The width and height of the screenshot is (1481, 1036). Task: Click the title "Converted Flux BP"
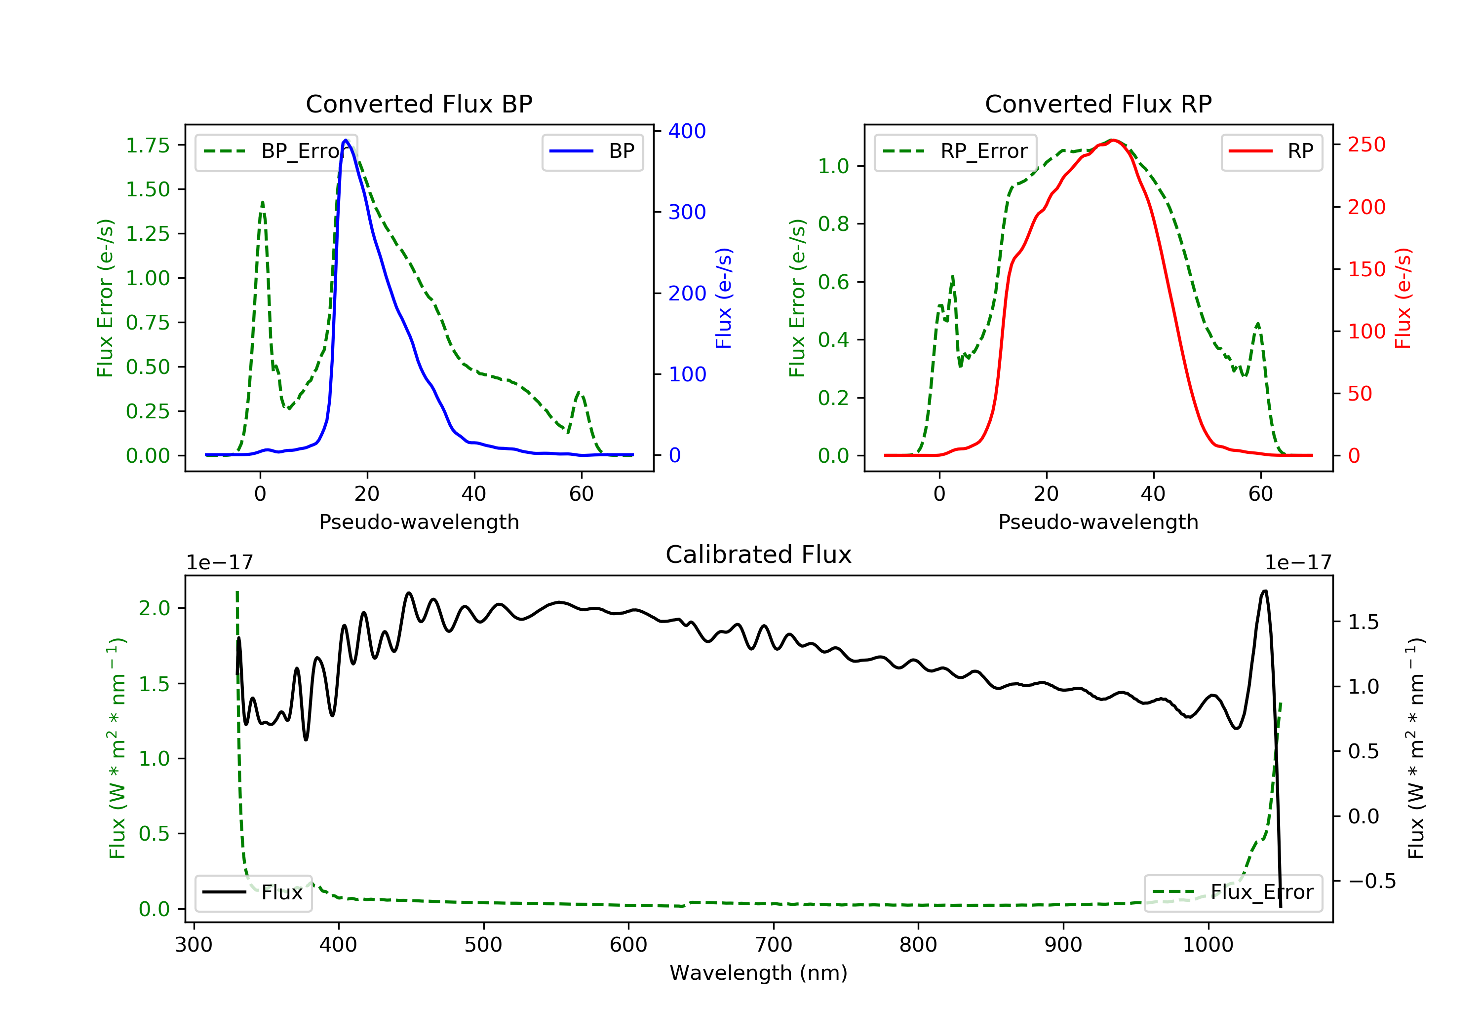pyautogui.click(x=419, y=104)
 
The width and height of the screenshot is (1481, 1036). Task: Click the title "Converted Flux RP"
pyautogui.click(x=1098, y=104)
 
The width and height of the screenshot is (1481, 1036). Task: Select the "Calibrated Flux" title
pyautogui.click(x=759, y=555)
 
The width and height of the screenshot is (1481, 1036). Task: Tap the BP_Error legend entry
pyautogui.click(x=276, y=151)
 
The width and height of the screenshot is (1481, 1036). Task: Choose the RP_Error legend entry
pyautogui.click(x=955, y=151)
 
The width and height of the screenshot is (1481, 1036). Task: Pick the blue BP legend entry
pyautogui.click(x=592, y=151)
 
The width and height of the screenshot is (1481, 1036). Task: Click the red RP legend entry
pyautogui.click(x=1271, y=151)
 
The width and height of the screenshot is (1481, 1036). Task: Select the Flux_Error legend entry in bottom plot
pyautogui.click(x=1233, y=892)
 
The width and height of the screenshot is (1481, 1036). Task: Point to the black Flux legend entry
pyautogui.click(x=253, y=893)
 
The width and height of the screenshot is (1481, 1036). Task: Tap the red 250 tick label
pyautogui.click(x=1366, y=145)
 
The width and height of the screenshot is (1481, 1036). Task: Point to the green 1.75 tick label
pyautogui.click(x=148, y=146)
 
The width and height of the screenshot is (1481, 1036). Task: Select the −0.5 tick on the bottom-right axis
pyautogui.click(x=1372, y=881)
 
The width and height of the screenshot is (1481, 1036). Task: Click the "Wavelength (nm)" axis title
pyautogui.click(x=759, y=973)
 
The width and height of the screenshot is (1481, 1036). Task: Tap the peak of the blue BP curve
pyautogui.click(x=346, y=140)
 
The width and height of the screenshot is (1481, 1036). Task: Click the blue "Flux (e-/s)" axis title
pyautogui.click(x=724, y=298)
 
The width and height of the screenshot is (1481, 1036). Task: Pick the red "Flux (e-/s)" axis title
pyautogui.click(x=1403, y=298)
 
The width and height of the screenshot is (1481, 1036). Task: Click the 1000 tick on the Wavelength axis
pyautogui.click(x=1208, y=945)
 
